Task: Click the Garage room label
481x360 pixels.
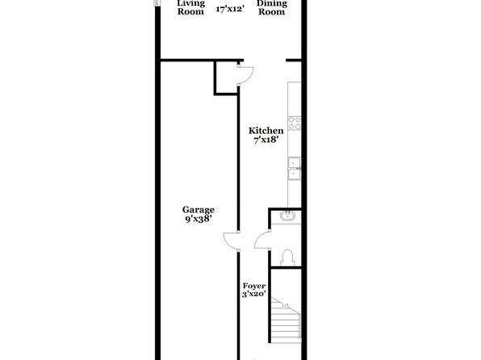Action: [x=199, y=210]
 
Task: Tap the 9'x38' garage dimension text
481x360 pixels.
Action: [x=199, y=219]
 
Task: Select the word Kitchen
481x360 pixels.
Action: [x=266, y=131]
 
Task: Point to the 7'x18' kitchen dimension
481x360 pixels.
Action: [x=266, y=140]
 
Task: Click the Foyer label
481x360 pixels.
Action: [x=254, y=286]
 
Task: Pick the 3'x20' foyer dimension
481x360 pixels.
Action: [x=253, y=294]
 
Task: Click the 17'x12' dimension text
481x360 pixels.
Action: [x=230, y=9]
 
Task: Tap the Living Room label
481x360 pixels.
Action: [x=190, y=7]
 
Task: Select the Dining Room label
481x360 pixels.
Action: [x=271, y=7]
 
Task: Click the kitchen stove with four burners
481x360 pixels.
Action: [x=295, y=123]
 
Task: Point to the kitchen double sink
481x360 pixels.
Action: [x=295, y=169]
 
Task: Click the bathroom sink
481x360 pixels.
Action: [x=288, y=216]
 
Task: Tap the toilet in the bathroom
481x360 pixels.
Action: [x=287, y=258]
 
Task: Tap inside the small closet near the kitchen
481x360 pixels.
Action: [x=227, y=77]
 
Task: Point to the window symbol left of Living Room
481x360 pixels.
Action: [x=157, y=2]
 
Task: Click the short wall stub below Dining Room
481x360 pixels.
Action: [x=294, y=61]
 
